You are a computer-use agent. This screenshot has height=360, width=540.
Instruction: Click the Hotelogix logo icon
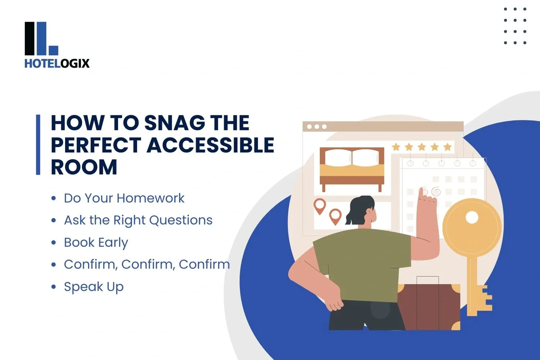[41, 39]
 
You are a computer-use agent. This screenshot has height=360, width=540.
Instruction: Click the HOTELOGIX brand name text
[57, 64]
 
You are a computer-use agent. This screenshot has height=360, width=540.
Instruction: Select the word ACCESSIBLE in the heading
[210, 145]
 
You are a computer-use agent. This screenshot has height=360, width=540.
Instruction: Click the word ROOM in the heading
[84, 167]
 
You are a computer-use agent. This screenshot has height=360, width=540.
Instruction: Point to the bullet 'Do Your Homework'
[124, 198]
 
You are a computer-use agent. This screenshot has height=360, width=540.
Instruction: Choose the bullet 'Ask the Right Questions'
[138, 220]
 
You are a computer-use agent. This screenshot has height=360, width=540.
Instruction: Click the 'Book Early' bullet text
[96, 242]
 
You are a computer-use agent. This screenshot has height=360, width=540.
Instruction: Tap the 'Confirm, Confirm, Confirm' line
[147, 264]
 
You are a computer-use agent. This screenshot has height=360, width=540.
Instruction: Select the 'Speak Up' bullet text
[94, 287]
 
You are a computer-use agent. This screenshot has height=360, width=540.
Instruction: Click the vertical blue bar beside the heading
[38, 145]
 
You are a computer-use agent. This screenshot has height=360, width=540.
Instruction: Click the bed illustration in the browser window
[352, 168]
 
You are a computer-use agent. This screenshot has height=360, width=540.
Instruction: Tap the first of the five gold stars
[396, 147]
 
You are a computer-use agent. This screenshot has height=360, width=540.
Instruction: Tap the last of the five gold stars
[447, 147]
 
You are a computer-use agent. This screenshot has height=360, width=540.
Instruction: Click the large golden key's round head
[472, 227]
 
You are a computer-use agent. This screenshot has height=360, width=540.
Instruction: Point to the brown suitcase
[428, 306]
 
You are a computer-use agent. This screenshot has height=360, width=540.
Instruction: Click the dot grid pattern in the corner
[515, 26]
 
